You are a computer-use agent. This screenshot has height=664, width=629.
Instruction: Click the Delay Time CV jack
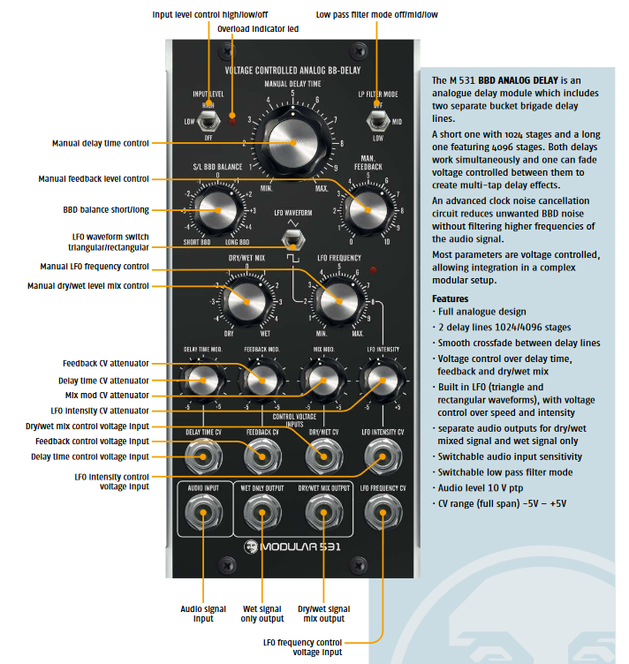tap(203, 456)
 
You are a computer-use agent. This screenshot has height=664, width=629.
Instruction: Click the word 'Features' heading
tap(450, 298)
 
